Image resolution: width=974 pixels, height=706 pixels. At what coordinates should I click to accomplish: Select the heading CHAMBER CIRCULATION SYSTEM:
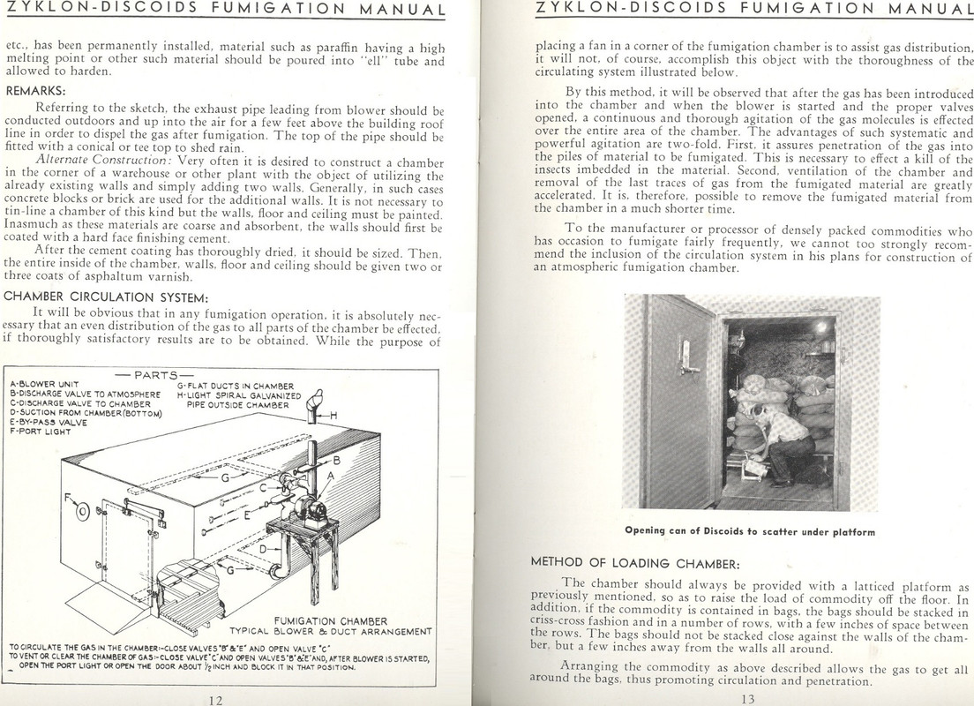[106, 296]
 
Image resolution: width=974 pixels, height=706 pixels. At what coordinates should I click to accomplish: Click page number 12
[214, 699]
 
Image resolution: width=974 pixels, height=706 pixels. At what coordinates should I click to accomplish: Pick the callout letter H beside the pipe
[334, 416]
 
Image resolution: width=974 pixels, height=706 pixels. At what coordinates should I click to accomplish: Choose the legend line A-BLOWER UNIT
[45, 385]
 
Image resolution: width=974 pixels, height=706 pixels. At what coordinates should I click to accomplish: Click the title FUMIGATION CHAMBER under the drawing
[330, 620]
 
